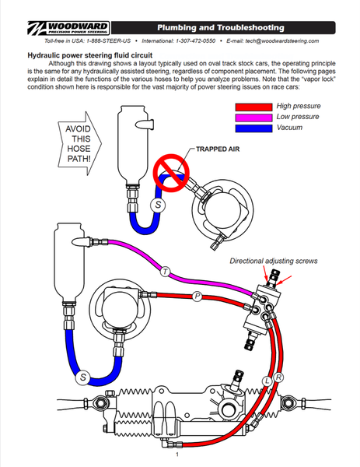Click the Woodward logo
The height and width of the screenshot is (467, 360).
68,28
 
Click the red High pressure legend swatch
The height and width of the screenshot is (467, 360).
253,107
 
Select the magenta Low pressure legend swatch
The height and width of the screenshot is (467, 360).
253,118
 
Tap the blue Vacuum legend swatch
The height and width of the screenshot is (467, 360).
253,128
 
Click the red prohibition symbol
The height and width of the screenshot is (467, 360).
171,173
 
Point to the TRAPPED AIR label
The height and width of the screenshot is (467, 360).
218,149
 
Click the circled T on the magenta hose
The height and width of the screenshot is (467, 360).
165,272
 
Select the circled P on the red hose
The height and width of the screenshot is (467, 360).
197,297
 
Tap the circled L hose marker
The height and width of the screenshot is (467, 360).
267,381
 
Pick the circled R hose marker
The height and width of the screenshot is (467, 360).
278,377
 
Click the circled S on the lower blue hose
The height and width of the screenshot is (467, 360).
83,377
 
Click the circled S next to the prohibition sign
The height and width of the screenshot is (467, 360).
158,205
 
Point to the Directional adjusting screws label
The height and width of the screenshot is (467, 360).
274,261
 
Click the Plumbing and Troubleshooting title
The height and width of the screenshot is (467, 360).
221,28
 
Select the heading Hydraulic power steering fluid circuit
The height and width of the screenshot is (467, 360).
90,55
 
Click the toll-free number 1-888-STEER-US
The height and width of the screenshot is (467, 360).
108,40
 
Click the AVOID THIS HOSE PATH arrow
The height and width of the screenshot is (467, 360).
79,143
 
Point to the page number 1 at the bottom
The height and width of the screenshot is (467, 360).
177,455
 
